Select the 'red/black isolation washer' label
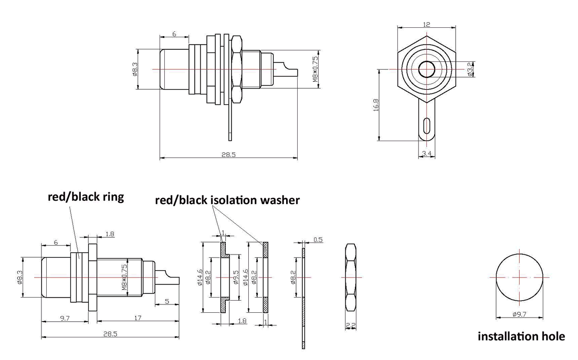tap(227, 200)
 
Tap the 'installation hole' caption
tap(521, 336)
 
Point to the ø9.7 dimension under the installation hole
tap(520, 314)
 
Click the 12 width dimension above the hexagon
tap(426, 24)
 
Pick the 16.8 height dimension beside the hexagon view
tap(376, 105)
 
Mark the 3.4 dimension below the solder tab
tap(427, 153)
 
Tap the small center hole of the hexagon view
tap(427, 69)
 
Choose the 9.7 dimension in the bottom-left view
tap(65, 317)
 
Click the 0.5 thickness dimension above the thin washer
tap(317, 239)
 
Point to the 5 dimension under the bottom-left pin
tap(166, 301)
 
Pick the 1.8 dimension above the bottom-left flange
tap(109, 234)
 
